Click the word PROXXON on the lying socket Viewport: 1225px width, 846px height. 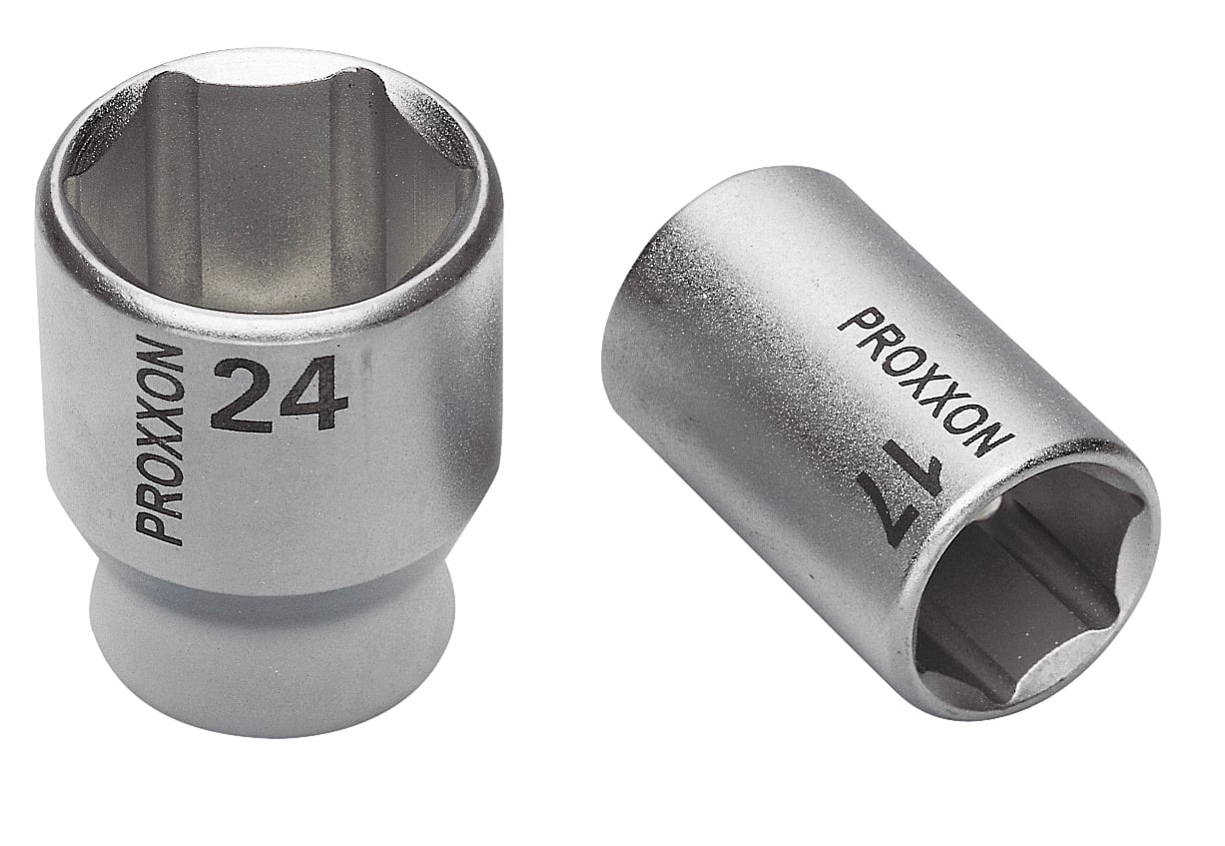pos(924,382)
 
